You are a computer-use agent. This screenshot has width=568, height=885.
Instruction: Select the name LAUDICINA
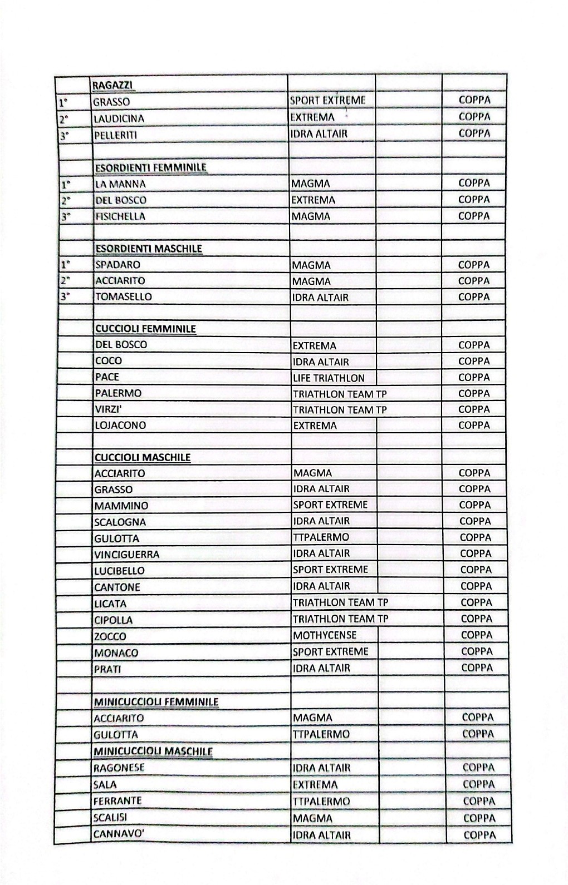click(x=119, y=118)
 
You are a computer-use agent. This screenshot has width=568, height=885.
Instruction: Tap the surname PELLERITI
click(x=115, y=135)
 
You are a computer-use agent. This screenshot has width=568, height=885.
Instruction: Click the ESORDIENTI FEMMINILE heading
click(x=151, y=167)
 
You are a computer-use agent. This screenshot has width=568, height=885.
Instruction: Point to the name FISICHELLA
click(x=120, y=216)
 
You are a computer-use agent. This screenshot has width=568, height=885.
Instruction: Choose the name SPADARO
click(x=117, y=265)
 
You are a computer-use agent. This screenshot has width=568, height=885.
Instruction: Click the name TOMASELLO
click(x=123, y=297)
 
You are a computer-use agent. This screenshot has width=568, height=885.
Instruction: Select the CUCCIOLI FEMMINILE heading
click(x=145, y=329)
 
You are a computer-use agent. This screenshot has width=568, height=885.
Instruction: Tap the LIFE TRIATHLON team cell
click(x=329, y=378)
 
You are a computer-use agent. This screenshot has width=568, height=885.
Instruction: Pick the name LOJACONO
click(x=120, y=426)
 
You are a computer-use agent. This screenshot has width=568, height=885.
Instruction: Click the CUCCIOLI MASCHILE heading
click(x=143, y=458)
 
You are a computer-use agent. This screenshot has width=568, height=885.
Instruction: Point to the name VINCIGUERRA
click(x=126, y=555)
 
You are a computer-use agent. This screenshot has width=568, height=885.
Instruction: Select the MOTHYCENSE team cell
click(x=325, y=635)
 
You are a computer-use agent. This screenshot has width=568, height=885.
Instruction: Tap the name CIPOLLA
click(x=113, y=620)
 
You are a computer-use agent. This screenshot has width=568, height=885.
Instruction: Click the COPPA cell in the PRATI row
click(x=477, y=668)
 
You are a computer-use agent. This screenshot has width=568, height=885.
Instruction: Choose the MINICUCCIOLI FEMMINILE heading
click(x=156, y=702)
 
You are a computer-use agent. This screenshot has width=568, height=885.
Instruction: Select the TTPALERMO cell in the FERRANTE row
click(x=321, y=802)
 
